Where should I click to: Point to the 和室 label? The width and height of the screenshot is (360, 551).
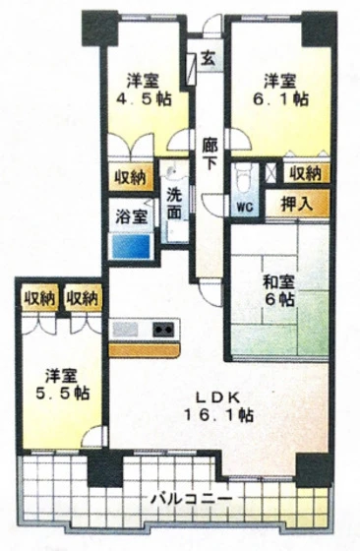coord(278,281)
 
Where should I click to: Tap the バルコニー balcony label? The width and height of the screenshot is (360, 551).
coord(192,497)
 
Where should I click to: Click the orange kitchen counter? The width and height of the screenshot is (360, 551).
coord(148,347)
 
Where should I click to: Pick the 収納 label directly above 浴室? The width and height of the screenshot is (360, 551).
coord(128,179)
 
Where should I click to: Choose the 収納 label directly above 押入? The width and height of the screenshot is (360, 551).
coord(304,174)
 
